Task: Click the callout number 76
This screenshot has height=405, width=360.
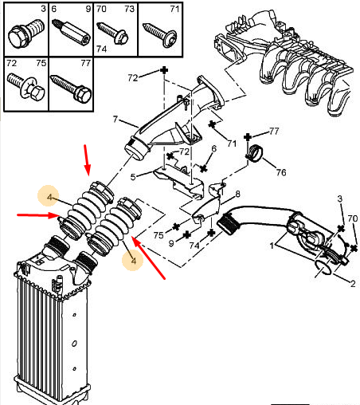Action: pos(281,172)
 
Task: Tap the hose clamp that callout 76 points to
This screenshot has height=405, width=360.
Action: pos(255,153)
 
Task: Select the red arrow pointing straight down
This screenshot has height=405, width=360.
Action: pos(88,160)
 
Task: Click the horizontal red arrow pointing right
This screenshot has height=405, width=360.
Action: pos(37,215)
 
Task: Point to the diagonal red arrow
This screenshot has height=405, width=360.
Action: pos(148,258)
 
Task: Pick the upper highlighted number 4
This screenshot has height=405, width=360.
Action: pos(49,198)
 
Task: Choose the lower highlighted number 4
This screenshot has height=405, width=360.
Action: pos(134,261)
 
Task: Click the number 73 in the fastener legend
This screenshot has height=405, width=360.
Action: pos(130,9)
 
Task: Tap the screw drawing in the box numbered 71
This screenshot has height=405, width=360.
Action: pos(159,34)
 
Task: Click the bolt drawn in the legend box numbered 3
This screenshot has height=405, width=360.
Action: pos(26,34)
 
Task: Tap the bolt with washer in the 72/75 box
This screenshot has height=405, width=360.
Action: pos(25,86)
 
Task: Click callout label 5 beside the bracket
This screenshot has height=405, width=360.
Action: pos(133,177)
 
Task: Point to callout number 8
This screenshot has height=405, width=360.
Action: pos(237,194)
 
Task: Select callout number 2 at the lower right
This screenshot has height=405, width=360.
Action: pos(353,284)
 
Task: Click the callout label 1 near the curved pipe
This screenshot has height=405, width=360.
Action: pos(272,246)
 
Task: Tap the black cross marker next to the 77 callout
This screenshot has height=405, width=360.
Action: pos(248,137)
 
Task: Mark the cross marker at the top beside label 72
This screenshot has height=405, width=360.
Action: pos(164,70)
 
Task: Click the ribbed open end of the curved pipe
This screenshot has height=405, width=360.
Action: pos(228,224)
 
